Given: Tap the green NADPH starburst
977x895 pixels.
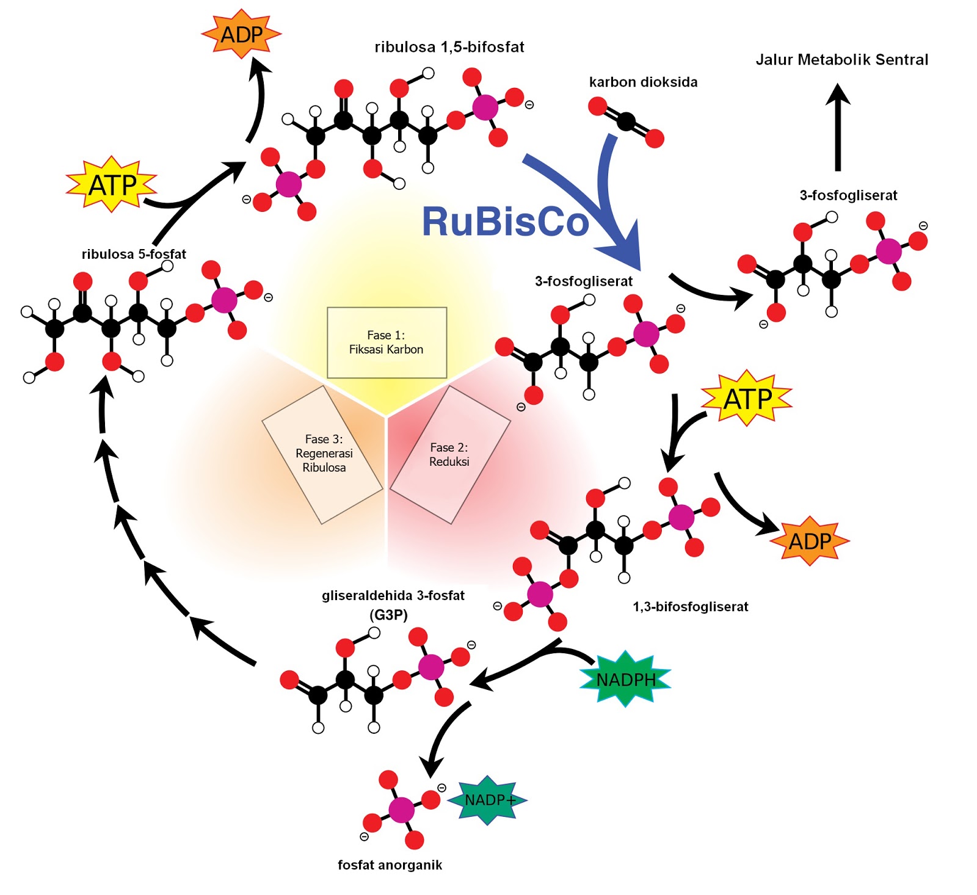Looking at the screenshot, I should coord(625,679).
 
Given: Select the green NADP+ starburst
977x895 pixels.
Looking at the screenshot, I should coord(488,800).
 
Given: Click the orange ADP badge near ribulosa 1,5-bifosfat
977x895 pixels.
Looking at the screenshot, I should coord(241,35).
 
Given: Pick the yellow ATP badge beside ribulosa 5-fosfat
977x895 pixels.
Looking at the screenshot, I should coord(112,185).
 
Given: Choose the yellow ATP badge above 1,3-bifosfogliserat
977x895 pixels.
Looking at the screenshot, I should coord(747,399).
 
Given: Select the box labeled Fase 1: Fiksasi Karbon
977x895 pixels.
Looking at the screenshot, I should coord(387,342).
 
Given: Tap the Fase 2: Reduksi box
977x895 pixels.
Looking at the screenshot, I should coord(449,455).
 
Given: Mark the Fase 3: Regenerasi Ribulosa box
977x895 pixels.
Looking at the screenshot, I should coord(323,454).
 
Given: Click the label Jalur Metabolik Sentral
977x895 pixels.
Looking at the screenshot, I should coord(841,60).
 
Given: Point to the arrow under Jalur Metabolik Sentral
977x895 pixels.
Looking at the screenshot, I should coord(838,128).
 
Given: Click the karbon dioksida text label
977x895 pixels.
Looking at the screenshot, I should coord(643,82).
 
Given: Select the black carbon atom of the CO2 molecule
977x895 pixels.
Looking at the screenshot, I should coord(626,122).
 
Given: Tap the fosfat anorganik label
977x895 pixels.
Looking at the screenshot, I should coord(390,864).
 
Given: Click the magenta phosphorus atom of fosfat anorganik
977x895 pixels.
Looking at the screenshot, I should coord(401,810).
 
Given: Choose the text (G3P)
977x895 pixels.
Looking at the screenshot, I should coord(388,615).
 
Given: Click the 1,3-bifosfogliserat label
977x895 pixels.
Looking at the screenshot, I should coord(690,607).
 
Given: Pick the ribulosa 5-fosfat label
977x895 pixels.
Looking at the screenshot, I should coord(134,255).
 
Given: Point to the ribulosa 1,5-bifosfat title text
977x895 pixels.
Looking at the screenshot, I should coord(449,47).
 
